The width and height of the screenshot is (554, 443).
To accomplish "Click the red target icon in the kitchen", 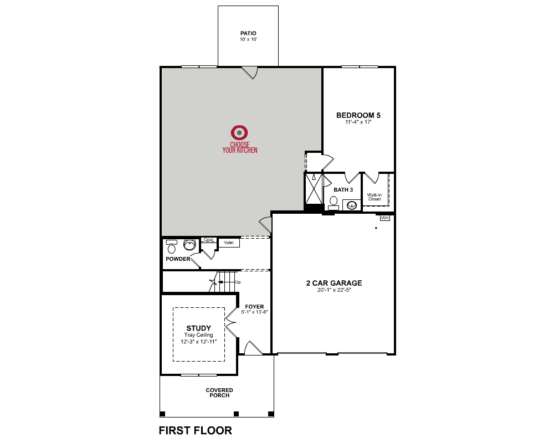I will coord(239,132).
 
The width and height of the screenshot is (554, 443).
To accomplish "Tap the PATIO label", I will coord(248,33).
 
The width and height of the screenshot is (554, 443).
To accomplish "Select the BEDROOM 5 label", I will coord(358,116).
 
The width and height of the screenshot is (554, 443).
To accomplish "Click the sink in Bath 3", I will coord(351,205).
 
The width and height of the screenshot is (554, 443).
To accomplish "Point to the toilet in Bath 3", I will coord(334,202).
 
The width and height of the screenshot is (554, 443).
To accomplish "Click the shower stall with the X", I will coord(314,190).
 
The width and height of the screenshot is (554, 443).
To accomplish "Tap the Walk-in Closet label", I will coord(374,197).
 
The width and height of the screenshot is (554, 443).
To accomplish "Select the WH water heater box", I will coord(385,218).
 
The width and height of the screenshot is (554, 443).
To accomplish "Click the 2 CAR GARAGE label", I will coord(334,283).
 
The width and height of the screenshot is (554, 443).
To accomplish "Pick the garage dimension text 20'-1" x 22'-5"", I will coord(334,290).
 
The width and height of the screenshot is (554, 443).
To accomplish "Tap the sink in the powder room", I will coord(190,244).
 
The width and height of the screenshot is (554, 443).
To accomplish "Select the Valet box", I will coord(228,243).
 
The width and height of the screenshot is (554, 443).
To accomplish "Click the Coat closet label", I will coord(208,240).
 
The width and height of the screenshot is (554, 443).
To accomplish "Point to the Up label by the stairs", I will coord(238,282).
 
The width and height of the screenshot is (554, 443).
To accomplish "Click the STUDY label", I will coord(198,328).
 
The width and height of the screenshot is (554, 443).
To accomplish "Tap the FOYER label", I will coord(255,306).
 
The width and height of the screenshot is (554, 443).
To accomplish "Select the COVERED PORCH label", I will coord(219,393).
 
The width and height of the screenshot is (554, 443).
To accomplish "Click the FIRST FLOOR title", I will coord(195,430).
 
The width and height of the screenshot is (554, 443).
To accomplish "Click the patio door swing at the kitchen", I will coord(250,73).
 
